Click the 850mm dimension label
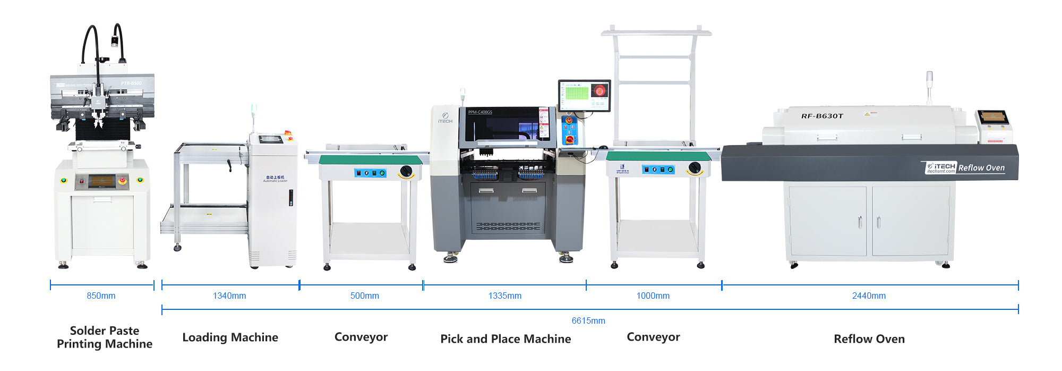(x=101, y=296)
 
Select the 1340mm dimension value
(x=229, y=296)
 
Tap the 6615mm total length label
(x=588, y=321)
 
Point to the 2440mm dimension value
(x=869, y=296)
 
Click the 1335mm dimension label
(x=504, y=296)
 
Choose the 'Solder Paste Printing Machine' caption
(x=105, y=337)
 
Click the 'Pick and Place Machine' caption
(x=506, y=339)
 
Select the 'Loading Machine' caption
(x=230, y=337)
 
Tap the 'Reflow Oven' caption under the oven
(x=869, y=339)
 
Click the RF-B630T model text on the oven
(x=822, y=116)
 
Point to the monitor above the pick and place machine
(x=584, y=95)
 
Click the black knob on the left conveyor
(x=406, y=171)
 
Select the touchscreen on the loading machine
(x=271, y=139)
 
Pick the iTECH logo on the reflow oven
(x=941, y=167)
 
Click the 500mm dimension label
(x=364, y=296)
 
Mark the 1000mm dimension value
(x=653, y=296)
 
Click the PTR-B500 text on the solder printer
(x=131, y=83)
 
